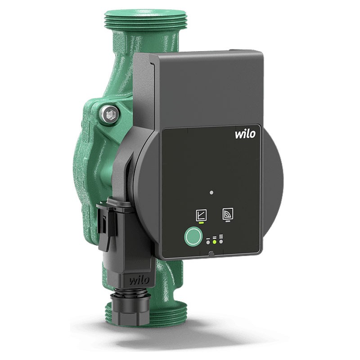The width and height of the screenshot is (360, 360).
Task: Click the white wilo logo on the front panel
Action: pyautogui.click(x=245, y=134)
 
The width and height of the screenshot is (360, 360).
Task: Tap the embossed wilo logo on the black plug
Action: pyautogui.click(x=139, y=280)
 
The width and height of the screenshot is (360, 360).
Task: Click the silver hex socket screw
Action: pyautogui.click(x=109, y=114)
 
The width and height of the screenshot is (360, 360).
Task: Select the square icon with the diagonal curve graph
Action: pyautogui.click(x=201, y=215)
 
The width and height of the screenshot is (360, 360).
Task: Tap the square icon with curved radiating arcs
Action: pyautogui.click(x=228, y=214)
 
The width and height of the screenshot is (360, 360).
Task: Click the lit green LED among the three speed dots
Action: pyautogui.click(x=215, y=242)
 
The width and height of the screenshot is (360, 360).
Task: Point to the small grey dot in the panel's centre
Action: pyautogui.click(x=211, y=193)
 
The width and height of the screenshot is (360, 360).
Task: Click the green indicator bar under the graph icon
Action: pyautogui.click(x=201, y=223)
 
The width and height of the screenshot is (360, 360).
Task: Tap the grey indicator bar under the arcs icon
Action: pyautogui.click(x=228, y=221)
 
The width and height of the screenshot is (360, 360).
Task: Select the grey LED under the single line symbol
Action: pyautogui.click(x=208, y=242)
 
